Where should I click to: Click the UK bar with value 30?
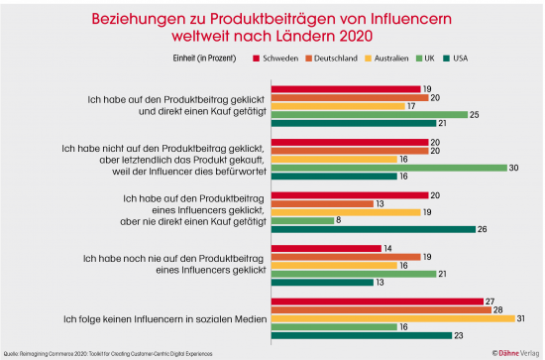click(379, 167)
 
